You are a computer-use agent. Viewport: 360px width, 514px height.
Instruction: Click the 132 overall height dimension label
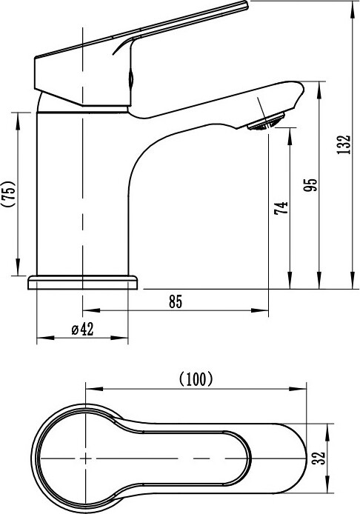click(x=344, y=144)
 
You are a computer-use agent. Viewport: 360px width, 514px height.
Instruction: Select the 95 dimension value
click(x=310, y=185)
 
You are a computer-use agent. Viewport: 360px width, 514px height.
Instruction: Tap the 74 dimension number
click(x=281, y=208)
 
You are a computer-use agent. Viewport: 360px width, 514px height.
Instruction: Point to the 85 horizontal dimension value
click(x=176, y=301)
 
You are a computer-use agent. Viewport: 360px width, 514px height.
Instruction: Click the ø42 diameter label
click(x=83, y=329)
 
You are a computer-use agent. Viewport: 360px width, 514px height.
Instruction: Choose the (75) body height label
click(x=9, y=193)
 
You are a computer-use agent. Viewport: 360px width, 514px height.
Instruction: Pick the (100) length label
click(x=196, y=379)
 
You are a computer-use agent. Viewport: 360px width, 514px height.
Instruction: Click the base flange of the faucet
click(x=82, y=282)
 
